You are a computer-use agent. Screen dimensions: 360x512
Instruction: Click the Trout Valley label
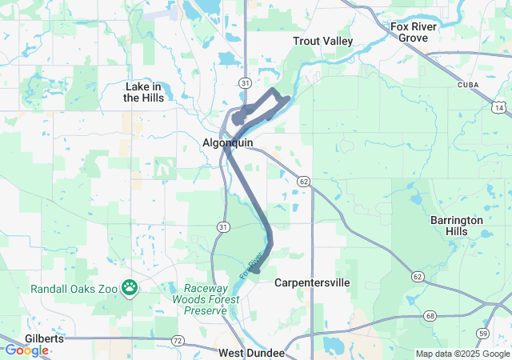click(x=323, y=41)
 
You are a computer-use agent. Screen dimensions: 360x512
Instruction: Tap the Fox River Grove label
click(x=414, y=32)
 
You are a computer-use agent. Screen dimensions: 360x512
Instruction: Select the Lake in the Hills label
click(x=144, y=92)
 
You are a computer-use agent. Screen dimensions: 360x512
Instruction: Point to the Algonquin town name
click(x=228, y=142)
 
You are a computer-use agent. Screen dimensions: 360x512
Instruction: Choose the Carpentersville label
click(x=312, y=282)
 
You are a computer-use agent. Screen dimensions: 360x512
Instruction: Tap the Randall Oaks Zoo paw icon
click(x=130, y=286)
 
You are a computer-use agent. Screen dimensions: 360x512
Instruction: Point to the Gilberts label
click(x=44, y=339)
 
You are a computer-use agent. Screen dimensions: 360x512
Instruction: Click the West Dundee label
click(x=251, y=353)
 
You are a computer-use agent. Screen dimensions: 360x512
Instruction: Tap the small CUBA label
click(x=468, y=84)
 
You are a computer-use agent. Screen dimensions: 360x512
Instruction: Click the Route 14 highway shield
click(x=499, y=107)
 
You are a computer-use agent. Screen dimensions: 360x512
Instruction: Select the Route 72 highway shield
click(x=177, y=341)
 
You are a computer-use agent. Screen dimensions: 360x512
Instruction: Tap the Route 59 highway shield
click(x=482, y=333)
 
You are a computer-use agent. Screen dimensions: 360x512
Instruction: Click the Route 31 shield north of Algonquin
click(x=245, y=83)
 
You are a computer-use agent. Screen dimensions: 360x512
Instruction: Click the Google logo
click(x=26, y=350)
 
